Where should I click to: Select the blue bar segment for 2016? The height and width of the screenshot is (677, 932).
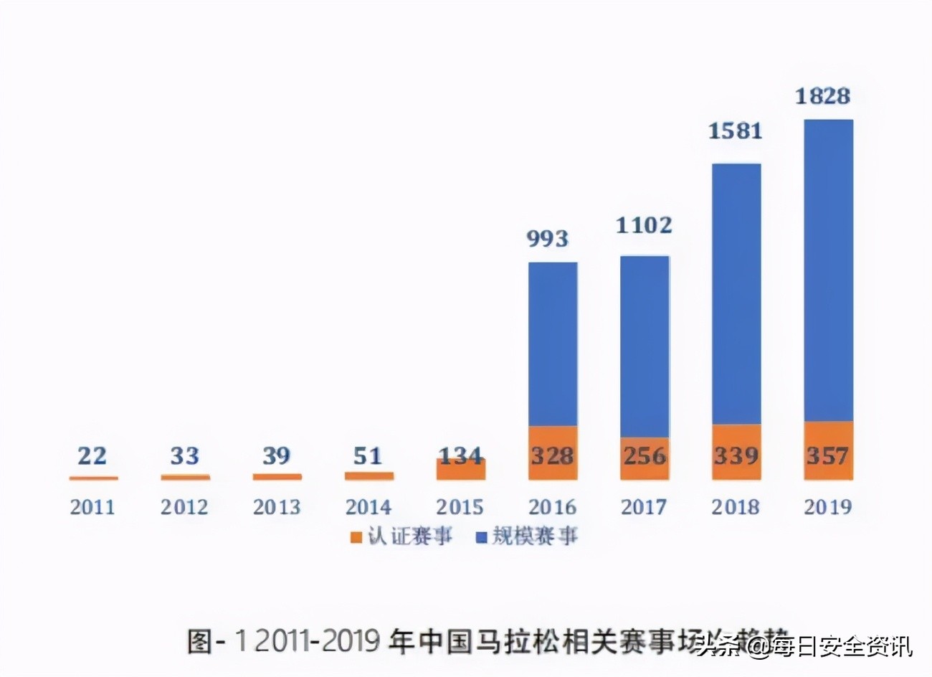(x=552, y=344)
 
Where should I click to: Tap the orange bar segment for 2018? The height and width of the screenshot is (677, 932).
(x=736, y=452)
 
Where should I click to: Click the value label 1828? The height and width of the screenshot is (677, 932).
(x=822, y=96)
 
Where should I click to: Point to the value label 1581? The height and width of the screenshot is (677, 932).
(x=735, y=131)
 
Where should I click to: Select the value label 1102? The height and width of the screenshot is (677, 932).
(x=644, y=226)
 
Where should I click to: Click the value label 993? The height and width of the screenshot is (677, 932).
(x=548, y=239)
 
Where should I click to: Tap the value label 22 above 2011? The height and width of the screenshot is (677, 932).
(x=92, y=455)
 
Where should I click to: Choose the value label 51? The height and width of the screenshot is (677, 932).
(x=368, y=455)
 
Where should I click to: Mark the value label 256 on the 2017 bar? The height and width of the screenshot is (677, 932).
(x=644, y=455)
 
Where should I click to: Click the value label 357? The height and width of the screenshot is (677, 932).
(x=828, y=455)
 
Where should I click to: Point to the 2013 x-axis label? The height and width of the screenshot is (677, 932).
(x=276, y=507)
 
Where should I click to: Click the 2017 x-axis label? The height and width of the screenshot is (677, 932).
(x=644, y=507)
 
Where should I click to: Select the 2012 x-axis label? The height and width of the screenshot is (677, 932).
(x=184, y=507)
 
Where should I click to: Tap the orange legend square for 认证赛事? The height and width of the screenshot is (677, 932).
(x=356, y=537)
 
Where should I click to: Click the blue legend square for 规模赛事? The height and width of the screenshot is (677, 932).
(x=481, y=537)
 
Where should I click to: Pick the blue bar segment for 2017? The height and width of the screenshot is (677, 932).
(x=644, y=346)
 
